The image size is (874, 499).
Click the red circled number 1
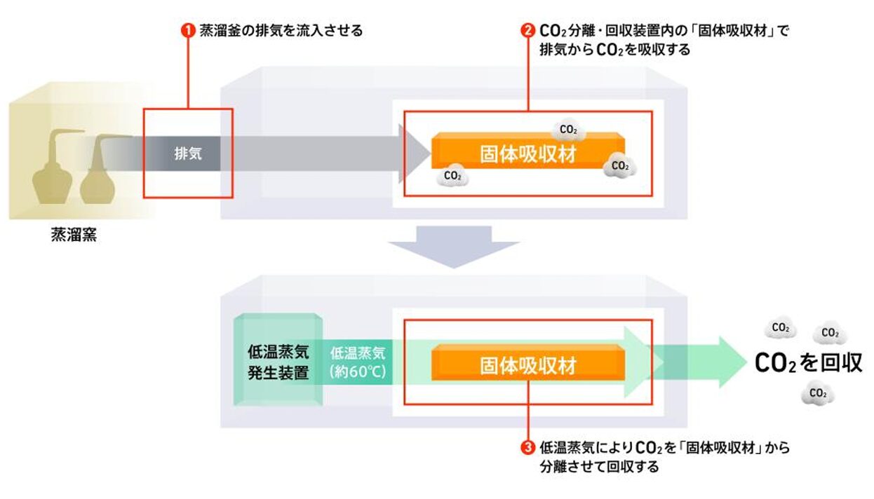click(x=187, y=31)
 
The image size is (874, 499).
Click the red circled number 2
click(x=527, y=31)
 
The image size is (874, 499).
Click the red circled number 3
click(x=527, y=446)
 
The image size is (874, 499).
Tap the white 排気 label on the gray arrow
click(x=188, y=153)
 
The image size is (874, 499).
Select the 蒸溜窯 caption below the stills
click(x=74, y=235)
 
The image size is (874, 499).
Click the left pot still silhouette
click(x=53, y=171)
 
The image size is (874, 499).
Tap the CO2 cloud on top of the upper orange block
click(x=568, y=130)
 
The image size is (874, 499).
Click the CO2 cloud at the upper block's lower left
click(x=453, y=176)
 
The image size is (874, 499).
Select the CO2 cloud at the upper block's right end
click(x=620, y=166)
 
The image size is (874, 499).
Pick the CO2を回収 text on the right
click(x=808, y=362)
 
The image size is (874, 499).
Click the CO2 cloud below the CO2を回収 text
click(x=818, y=394)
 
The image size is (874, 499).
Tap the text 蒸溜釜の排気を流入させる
click(x=281, y=31)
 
